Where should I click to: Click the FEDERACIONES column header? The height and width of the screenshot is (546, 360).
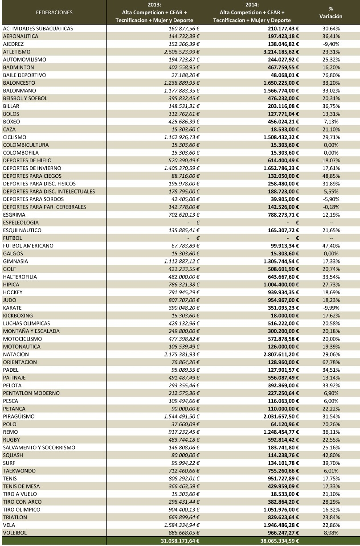[x=54, y=12]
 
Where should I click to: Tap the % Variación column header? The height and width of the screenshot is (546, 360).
[x=331, y=12]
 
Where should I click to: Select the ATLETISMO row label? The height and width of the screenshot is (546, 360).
[x=17, y=52]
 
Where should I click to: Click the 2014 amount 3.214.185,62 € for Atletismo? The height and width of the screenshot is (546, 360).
[x=281, y=52]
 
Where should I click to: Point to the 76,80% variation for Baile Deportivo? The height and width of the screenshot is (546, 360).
[x=331, y=75]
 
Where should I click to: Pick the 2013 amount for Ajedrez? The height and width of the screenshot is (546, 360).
[x=184, y=44]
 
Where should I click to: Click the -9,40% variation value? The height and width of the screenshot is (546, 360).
[x=331, y=44]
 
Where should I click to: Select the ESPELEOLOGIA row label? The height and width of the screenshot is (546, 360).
[x=20, y=222]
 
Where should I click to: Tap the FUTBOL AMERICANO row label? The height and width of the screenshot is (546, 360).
[x=28, y=246]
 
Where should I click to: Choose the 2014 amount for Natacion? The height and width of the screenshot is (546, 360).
[x=281, y=354]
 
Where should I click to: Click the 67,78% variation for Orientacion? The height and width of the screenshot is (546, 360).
[x=331, y=362]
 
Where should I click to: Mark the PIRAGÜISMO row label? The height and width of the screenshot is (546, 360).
[x=19, y=416]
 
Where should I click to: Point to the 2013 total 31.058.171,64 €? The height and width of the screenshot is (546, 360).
[x=180, y=541]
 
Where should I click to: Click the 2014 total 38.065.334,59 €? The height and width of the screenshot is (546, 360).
[x=279, y=541]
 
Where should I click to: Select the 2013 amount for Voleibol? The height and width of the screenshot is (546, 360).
[x=184, y=533]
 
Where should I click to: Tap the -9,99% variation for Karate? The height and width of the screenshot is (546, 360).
[x=331, y=308]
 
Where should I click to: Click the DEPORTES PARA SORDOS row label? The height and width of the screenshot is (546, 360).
[x=33, y=199]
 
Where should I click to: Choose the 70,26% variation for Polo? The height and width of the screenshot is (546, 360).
[x=331, y=424]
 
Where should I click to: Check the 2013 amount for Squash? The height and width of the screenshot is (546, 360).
[x=185, y=456]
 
